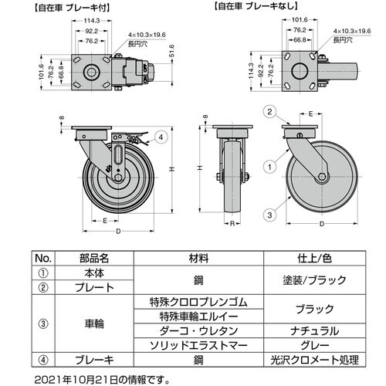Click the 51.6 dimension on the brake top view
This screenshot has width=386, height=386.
point(172,51)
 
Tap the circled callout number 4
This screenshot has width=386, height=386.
point(161,137)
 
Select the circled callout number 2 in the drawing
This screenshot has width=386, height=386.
point(269,112)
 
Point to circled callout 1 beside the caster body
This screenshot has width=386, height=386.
point(269,168)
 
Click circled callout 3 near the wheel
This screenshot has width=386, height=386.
point(269,215)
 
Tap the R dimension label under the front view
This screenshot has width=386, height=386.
point(232,224)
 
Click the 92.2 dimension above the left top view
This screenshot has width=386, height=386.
point(92,31)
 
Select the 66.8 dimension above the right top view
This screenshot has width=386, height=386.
point(300,40)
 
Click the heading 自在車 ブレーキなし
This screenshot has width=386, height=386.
point(256,6)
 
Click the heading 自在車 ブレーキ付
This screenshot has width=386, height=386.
point(73,8)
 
